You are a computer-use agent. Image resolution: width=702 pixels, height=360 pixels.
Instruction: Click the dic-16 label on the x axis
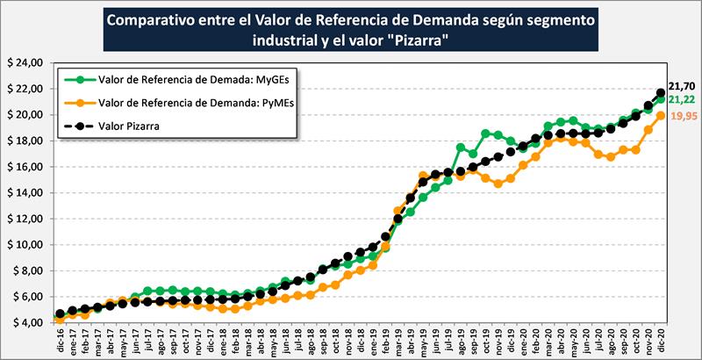point(59,341)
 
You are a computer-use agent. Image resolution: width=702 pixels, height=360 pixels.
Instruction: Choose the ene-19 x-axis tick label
point(373,341)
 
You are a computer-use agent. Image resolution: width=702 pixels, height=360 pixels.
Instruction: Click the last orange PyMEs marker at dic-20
point(661,116)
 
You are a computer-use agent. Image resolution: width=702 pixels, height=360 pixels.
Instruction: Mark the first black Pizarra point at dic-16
point(59,313)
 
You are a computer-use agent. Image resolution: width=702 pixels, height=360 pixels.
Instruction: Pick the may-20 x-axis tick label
point(573,341)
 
